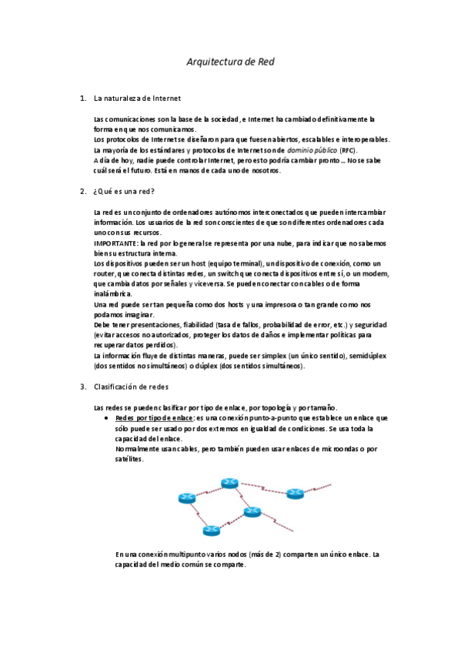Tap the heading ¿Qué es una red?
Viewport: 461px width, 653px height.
pyautogui.click(x=123, y=191)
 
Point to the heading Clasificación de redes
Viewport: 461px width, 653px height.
pyautogui.click(x=131, y=387)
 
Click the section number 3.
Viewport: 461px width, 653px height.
pyautogui.click(x=82, y=387)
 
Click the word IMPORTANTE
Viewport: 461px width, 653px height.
pyautogui.click(x=114, y=243)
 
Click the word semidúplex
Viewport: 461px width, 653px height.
pyautogui.click(x=369, y=356)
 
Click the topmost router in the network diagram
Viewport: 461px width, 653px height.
pyautogui.click(x=229, y=483)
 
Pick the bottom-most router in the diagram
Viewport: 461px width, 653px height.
pyautogui.click(x=212, y=530)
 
